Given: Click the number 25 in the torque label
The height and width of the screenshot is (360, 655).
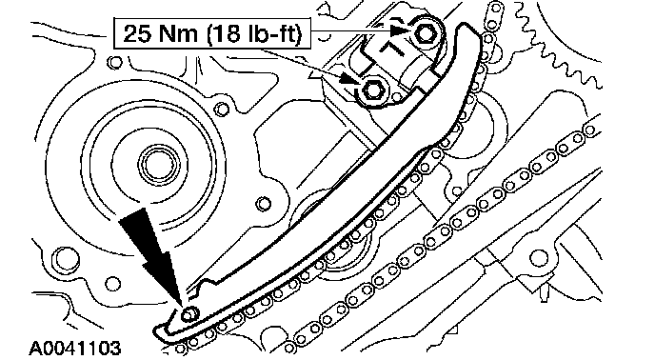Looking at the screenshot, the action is tap(138, 33).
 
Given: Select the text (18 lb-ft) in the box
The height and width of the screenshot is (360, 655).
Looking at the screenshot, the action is tap(254, 33).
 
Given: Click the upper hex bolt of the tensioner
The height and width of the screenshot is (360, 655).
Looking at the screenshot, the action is tap(426, 33).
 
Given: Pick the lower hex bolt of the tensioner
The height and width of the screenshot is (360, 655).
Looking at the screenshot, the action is tap(371, 90).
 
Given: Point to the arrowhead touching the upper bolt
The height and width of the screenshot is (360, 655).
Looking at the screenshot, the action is tap(399, 30).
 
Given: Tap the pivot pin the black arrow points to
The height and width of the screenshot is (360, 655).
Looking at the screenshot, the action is tap(189, 313).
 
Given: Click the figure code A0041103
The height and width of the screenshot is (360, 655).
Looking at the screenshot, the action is tap(75, 348).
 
